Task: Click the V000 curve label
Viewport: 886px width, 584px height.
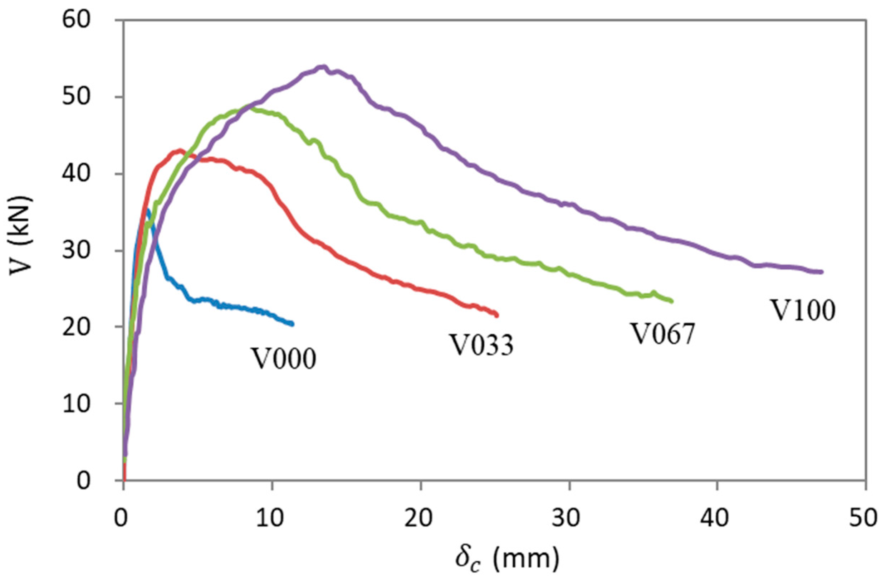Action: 284,358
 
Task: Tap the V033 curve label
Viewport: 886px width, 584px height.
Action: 483,345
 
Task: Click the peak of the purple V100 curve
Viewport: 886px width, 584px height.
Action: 323,67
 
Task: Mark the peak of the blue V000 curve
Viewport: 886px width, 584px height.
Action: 148,210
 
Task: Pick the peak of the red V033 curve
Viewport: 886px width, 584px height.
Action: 180,151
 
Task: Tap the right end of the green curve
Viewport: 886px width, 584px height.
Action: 672,301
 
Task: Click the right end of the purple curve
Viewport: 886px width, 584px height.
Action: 822,272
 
